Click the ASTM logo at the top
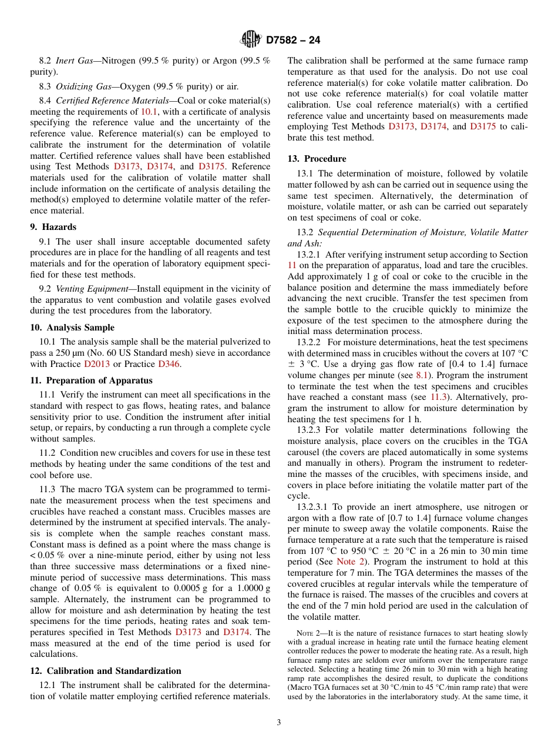coord(251,40)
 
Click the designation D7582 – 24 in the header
coord(293,41)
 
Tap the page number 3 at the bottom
coord(279,723)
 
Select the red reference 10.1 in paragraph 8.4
coord(149,112)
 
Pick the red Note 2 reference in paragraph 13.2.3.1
coord(349,562)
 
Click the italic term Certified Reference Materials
coord(118,101)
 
